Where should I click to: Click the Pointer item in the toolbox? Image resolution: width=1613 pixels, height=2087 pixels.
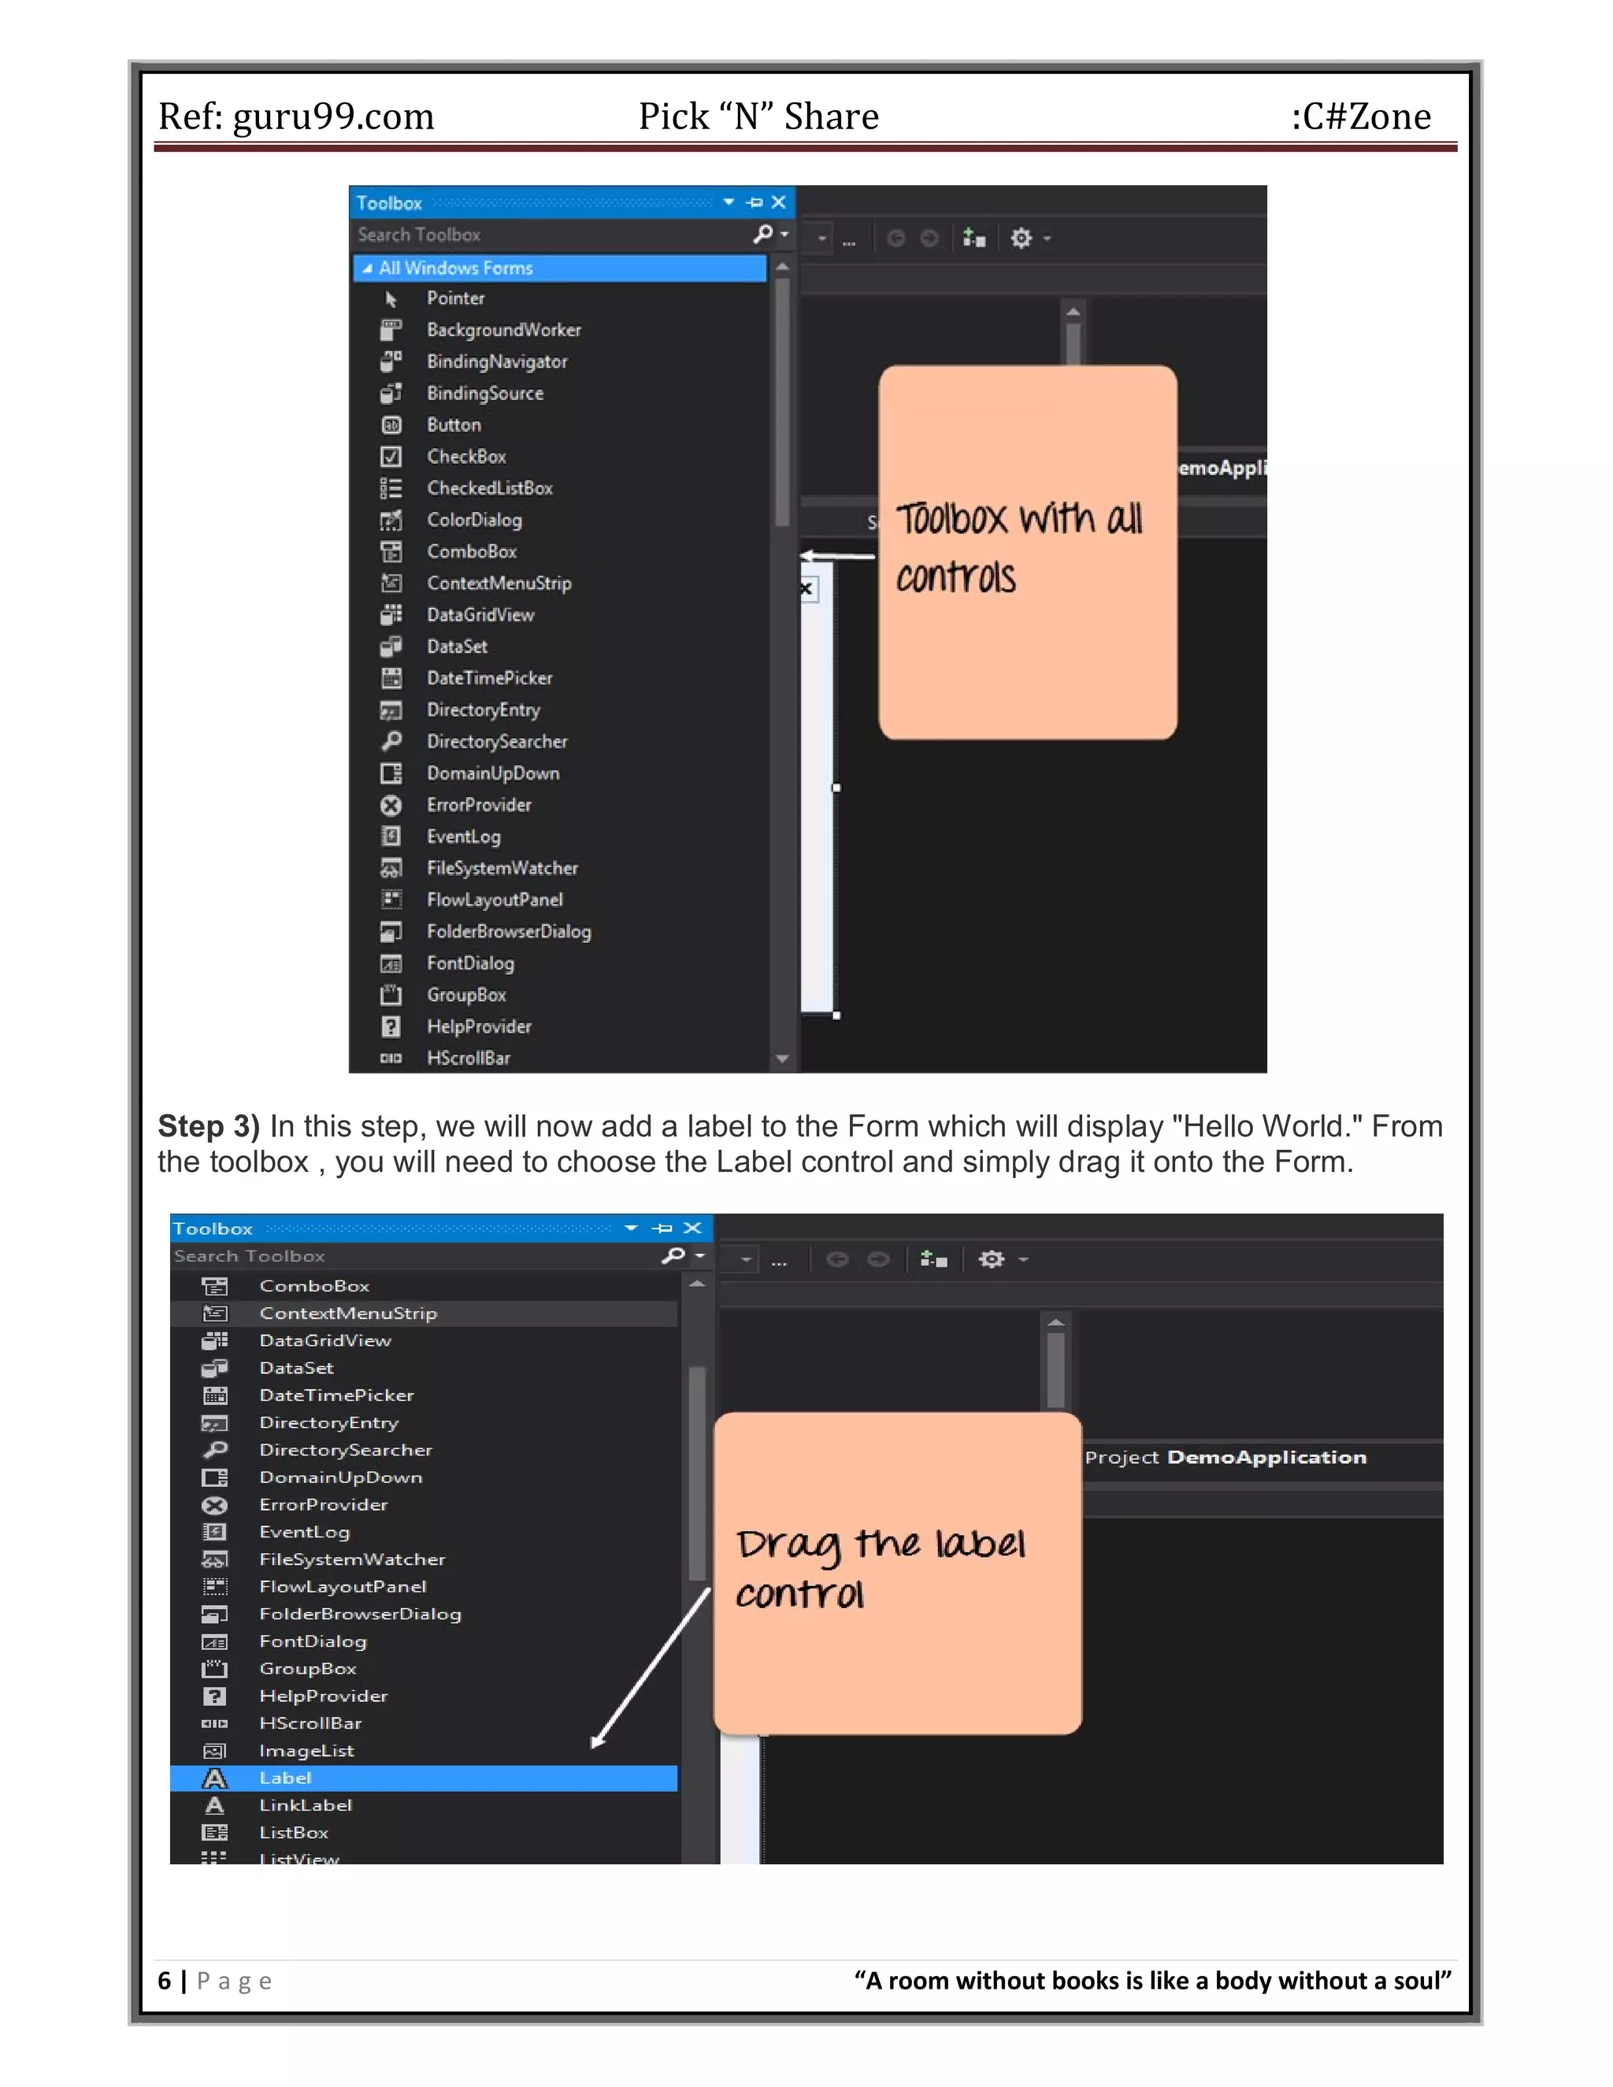tap(455, 298)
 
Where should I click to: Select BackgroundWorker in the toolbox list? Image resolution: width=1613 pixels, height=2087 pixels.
tap(502, 330)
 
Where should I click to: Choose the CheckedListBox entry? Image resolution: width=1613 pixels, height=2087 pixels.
tap(489, 488)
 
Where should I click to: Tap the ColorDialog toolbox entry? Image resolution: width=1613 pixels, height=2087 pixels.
tap(474, 520)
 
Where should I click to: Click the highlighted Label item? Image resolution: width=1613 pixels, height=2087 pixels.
tap(286, 1777)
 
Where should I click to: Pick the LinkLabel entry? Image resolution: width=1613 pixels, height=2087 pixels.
tap(306, 1805)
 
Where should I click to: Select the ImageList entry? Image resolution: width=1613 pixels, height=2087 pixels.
tap(306, 1751)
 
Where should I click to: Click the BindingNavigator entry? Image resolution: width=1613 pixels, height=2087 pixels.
tap(497, 361)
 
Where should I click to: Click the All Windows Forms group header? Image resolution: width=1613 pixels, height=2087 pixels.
tap(456, 269)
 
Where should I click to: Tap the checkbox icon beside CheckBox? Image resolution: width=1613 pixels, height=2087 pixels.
tap(391, 457)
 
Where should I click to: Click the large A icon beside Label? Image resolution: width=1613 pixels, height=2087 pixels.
tap(215, 1778)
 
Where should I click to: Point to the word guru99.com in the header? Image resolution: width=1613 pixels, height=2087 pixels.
tap(333, 117)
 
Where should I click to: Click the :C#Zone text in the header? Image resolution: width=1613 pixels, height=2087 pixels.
tap(1361, 117)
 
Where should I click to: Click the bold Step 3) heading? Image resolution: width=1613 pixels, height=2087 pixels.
tap(208, 1127)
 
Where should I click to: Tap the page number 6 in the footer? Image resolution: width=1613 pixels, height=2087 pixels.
tap(165, 1981)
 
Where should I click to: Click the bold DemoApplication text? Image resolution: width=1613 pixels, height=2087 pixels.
tap(1266, 1457)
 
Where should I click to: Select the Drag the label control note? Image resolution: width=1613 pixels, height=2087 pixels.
tap(896, 1572)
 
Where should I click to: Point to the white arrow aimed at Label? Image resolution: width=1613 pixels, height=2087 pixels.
tap(651, 1666)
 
